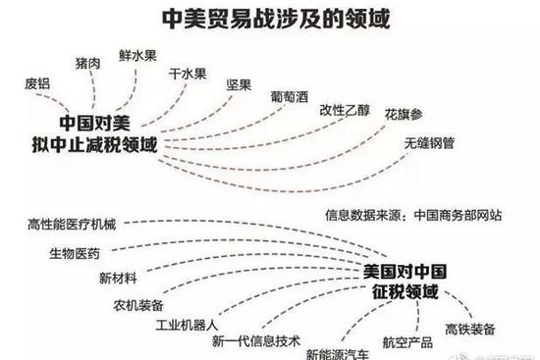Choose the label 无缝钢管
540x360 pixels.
(x=429, y=143)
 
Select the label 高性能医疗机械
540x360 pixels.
(x=73, y=225)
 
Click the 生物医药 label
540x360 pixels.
(x=75, y=254)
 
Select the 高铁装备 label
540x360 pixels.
(x=470, y=329)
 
